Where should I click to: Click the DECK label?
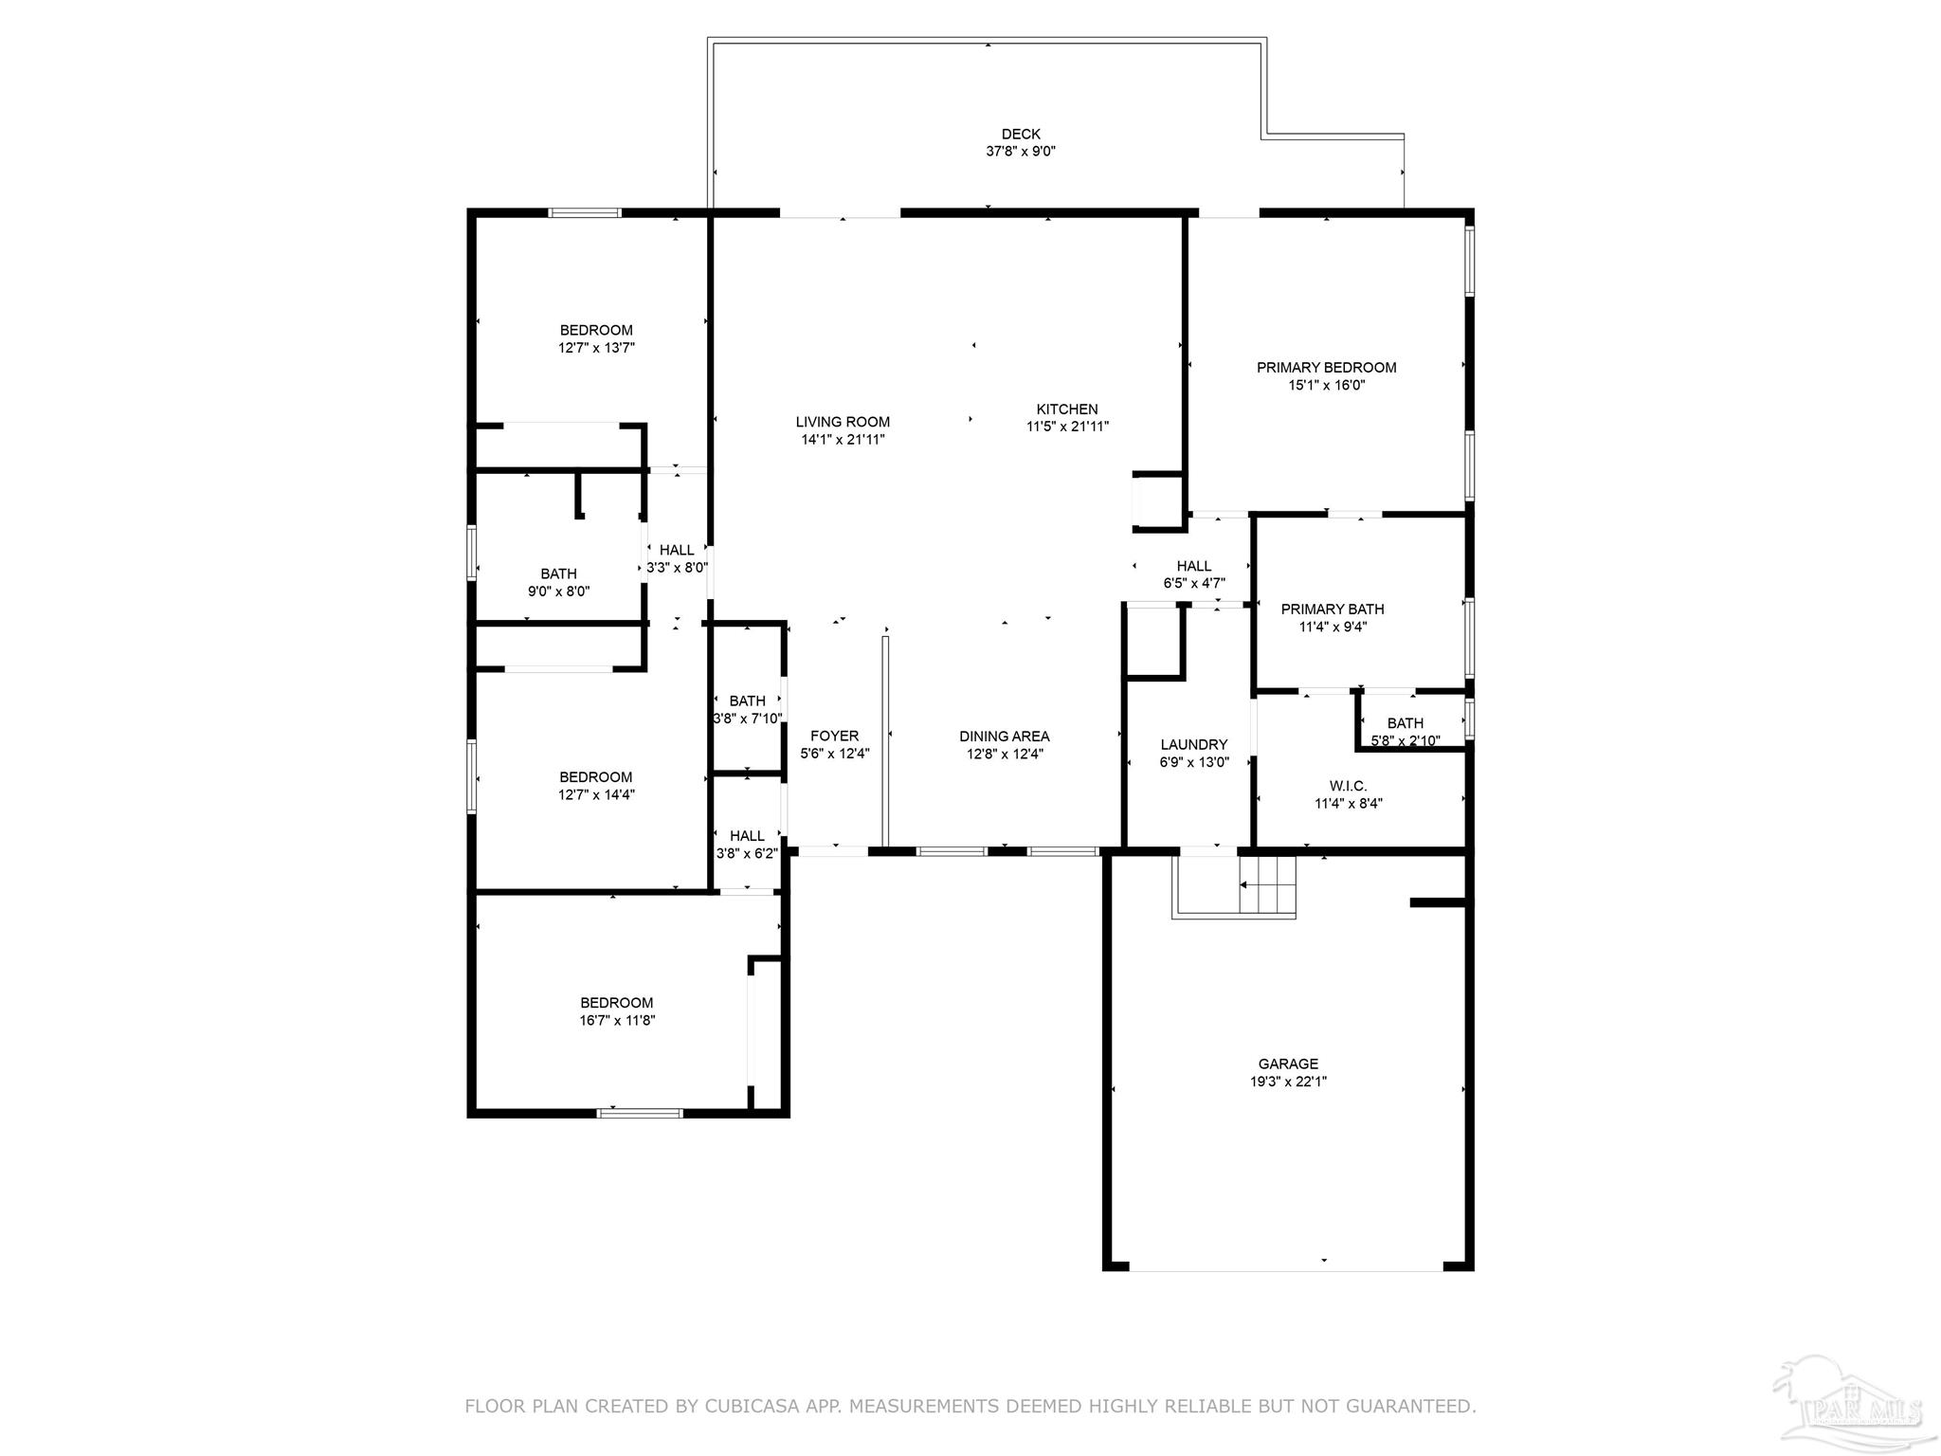1021,135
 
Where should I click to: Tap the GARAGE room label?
1288,1065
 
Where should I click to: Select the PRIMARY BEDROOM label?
1326,368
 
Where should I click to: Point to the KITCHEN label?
1067,409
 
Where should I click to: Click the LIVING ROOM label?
843,422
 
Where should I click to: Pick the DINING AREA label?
1004,737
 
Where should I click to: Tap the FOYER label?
834,736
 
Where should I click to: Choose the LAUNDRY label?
1193,745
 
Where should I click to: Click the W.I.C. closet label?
1348,786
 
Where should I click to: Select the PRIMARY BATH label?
1333,610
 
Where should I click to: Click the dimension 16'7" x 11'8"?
617,1021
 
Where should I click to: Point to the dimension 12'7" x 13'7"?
596,348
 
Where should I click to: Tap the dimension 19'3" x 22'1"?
1288,1082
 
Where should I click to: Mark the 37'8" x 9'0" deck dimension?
1021,152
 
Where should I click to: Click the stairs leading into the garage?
1267,885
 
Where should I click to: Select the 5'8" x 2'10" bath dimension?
1406,740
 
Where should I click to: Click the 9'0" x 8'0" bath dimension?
559,591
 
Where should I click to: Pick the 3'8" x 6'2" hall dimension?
747,853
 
